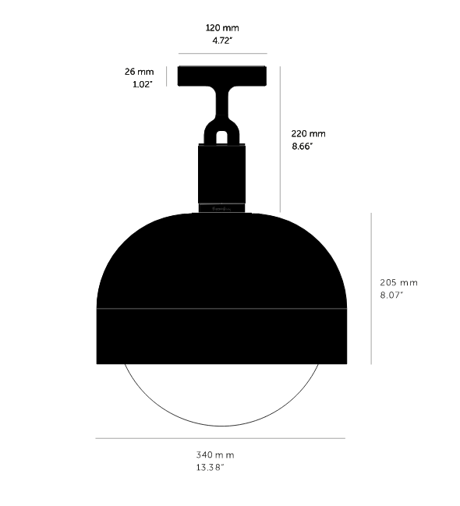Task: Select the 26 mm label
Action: pos(139,72)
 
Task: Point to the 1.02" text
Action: pos(142,84)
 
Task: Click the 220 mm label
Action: pos(309,133)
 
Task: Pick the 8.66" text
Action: pos(303,146)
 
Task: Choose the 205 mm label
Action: pos(398,282)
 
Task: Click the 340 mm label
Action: pos(216,455)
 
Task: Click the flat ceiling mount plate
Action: pos(223,76)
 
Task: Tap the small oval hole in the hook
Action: pos(222,136)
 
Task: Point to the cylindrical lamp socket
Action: pos(222,175)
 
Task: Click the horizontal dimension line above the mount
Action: pos(223,54)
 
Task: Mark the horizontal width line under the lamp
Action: pos(221,438)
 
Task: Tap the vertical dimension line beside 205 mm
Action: pos(371,288)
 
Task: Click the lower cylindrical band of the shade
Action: pos(221,336)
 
